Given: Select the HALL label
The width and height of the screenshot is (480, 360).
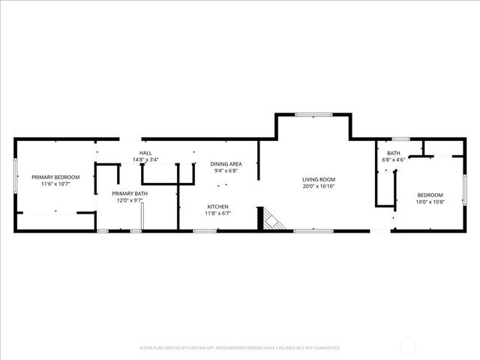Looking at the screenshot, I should (145, 153).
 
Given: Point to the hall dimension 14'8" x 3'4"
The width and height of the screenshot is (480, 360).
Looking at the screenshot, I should (145, 160).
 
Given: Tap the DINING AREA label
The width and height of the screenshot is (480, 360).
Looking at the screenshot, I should (226, 163).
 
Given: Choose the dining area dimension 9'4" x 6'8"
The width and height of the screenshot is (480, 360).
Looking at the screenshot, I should (226, 170).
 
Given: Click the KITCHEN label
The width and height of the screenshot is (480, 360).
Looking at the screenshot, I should (218, 207).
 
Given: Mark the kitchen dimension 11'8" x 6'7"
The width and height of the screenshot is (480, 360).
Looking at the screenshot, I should (218, 214).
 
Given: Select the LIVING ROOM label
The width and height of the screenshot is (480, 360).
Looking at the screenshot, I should (319, 179).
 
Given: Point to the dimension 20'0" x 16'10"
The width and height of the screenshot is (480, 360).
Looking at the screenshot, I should (319, 186).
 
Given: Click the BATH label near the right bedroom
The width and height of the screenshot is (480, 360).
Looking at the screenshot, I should (394, 153).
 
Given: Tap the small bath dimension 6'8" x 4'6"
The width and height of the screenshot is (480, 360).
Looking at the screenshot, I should (394, 160).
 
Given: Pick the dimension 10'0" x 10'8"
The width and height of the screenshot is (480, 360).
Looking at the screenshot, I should (430, 202).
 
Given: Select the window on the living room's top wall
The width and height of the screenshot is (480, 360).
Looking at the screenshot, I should (313, 115).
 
